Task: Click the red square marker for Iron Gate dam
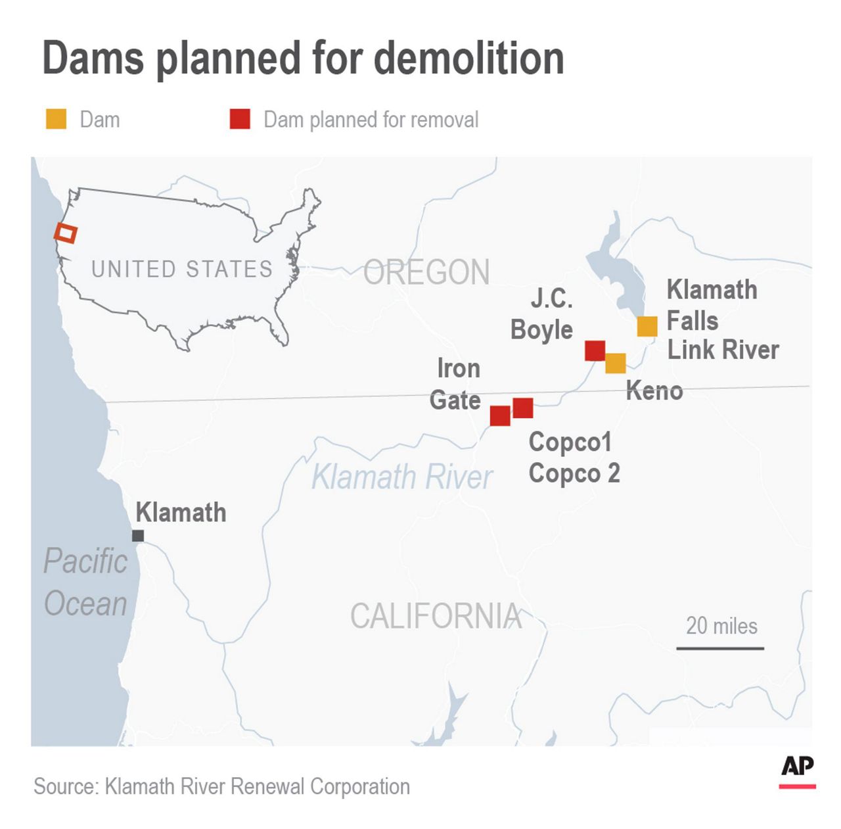pos(500,416)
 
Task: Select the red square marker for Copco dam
pos(523,408)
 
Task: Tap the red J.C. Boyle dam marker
pos(595,350)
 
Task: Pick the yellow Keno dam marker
pos(616,363)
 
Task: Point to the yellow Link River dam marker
pos(647,326)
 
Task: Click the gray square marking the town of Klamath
pos(138,536)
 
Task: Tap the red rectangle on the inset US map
pos(66,233)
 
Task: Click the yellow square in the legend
pos(56,120)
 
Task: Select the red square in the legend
pos(240,120)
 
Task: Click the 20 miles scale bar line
pos(720,649)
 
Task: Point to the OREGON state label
pos(426,272)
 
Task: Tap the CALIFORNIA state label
pos(436,617)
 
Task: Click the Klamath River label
pos(401,477)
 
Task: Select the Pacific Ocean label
pos(85,582)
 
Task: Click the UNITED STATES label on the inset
pos(181,269)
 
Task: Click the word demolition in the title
pos(469,58)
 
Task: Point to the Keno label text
pos(654,391)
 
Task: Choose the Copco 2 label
pos(574,473)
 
